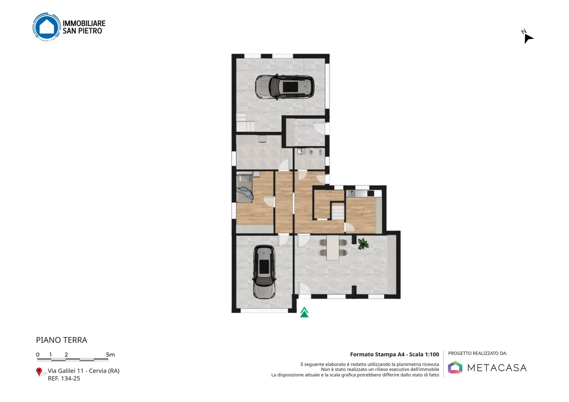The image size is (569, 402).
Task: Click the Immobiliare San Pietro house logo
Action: [47, 27]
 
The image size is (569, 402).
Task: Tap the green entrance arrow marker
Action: [304, 312]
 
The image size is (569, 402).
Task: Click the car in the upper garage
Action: [284, 87]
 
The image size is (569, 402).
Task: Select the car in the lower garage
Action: [264, 272]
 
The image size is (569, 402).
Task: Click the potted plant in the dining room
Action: [363, 244]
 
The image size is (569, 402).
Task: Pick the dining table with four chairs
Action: [333, 248]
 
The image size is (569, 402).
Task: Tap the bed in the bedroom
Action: [245, 188]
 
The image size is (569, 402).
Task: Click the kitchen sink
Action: [352, 193]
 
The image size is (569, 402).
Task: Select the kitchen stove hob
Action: [371, 193]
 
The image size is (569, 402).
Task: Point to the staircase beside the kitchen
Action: [338, 211]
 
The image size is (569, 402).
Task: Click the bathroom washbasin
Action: [301, 152]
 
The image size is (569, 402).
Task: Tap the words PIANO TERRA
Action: [62, 340]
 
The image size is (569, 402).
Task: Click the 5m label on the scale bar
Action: [110, 355]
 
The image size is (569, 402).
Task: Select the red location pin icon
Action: [39, 372]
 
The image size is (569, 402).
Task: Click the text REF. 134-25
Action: [64, 378]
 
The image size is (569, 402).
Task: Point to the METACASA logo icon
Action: [455, 367]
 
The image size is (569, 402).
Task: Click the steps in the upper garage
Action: [245, 122]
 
